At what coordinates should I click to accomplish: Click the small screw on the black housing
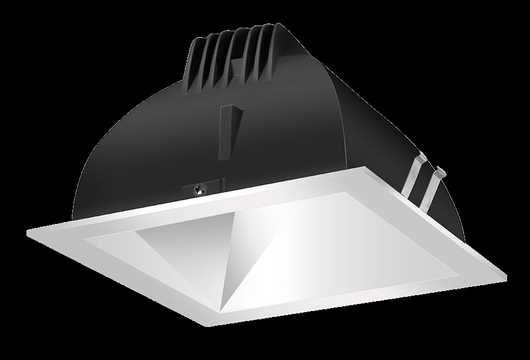(201, 189)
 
